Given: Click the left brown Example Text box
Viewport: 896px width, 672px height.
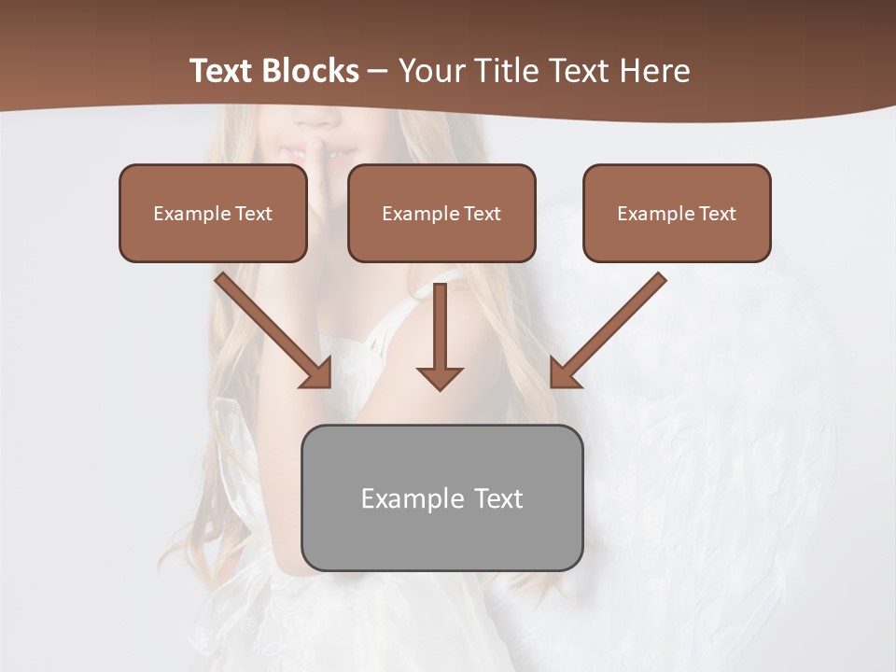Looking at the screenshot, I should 213,213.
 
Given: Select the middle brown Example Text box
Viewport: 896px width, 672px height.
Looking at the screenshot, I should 441,213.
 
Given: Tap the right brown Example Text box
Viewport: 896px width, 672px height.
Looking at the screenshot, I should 677,213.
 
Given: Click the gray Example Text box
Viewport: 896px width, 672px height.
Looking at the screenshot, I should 441,497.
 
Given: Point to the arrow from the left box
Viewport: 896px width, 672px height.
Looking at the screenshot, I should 271,329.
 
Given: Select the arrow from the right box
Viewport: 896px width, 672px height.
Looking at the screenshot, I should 611,329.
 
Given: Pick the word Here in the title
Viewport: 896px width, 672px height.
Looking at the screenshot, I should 653,71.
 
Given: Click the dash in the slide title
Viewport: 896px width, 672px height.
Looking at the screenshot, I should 378,71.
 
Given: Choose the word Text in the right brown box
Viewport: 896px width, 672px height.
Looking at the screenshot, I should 717,214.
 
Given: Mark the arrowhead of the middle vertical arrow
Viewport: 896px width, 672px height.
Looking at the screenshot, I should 440,377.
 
